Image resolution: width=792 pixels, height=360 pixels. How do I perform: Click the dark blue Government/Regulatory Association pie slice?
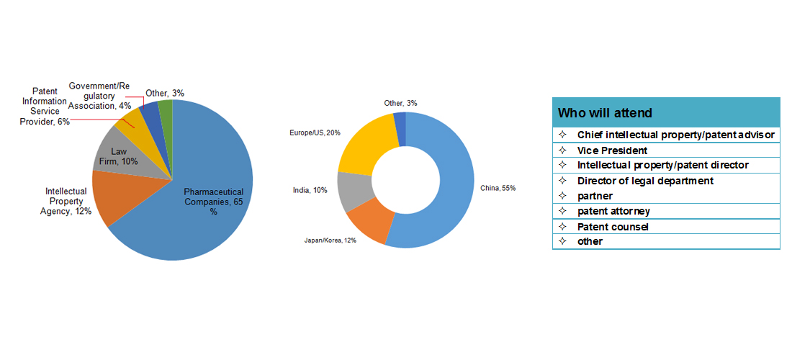pyautogui.click(x=150, y=114)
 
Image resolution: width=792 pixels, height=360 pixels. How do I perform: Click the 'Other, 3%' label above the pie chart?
pyautogui.click(x=164, y=93)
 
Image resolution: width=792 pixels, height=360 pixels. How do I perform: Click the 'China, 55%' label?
pyautogui.click(x=498, y=188)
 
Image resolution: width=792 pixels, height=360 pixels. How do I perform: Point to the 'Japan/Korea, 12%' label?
pyautogui.click(x=330, y=240)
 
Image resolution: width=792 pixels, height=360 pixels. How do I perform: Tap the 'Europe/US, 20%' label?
pyautogui.click(x=315, y=132)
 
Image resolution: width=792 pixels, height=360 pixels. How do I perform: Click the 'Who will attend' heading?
pyautogui.click(x=605, y=113)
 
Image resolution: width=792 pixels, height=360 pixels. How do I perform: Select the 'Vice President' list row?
pyautogui.click(x=612, y=150)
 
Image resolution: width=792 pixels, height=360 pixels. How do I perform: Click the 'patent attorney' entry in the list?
pyautogui.click(x=613, y=211)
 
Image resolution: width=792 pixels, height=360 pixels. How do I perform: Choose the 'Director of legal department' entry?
pyautogui.click(x=645, y=181)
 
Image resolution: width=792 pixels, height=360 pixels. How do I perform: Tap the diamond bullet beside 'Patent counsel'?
pyautogui.click(x=562, y=227)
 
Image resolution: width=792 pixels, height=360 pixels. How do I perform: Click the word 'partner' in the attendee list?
pyautogui.click(x=595, y=196)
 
